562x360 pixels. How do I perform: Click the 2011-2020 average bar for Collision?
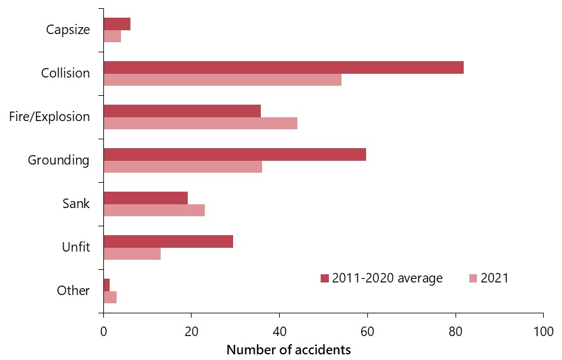(284, 67)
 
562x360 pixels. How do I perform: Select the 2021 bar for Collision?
(222, 80)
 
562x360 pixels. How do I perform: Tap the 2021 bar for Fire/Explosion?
(200, 123)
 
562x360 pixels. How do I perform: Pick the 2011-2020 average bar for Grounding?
(234, 154)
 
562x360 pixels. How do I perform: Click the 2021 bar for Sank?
(154, 210)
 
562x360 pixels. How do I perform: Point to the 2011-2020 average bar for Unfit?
(168, 241)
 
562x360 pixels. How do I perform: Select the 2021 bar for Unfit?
(132, 253)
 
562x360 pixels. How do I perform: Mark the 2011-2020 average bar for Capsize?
(117, 24)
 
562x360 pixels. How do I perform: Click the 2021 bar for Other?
(110, 297)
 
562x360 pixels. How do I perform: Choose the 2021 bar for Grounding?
(183, 166)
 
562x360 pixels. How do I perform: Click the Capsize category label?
(68, 30)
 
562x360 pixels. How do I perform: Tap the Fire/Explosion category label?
(50, 117)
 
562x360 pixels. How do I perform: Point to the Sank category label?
(76, 204)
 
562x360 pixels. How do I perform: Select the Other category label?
(73, 291)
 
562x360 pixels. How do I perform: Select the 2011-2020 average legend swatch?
(325, 278)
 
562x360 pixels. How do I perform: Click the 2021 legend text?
(495, 278)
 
